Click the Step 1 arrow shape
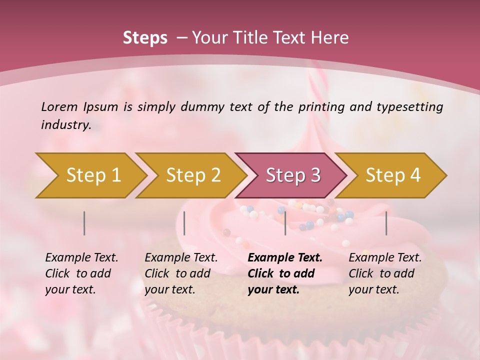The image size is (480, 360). click(92, 175)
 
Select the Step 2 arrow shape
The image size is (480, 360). click(192, 175)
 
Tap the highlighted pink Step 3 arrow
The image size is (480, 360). click(292, 175)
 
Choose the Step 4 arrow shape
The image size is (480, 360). click(392, 175)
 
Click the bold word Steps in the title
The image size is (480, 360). click(145, 38)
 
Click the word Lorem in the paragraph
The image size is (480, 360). click(58, 106)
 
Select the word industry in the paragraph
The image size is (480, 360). click(65, 125)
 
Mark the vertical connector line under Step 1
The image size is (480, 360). click(84, 223)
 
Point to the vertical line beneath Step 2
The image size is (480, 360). click(184, 223)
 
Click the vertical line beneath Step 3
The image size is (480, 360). click(285, 223)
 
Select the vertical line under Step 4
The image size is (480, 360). click(386, 223)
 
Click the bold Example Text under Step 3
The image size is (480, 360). click(285, 258)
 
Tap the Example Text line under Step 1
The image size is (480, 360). click(81, 258)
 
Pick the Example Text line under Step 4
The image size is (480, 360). click(385, 258)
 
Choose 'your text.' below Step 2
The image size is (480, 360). click(169, 289)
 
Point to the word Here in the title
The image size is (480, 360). click(330, 38)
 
